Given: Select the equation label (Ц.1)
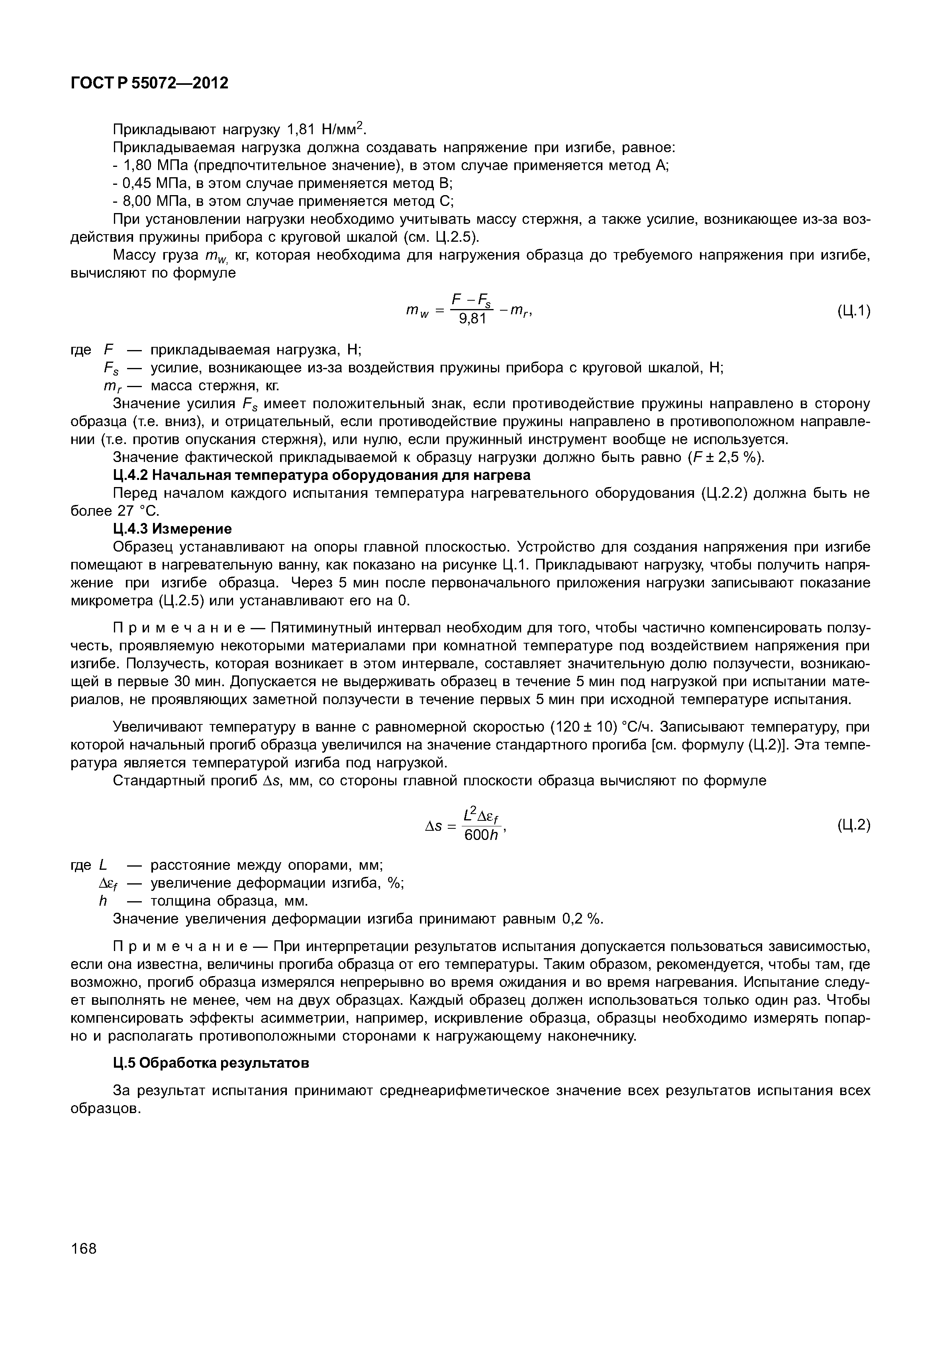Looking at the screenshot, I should pyautogui.click(x=853, y=311).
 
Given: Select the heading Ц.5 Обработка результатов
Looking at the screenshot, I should pyautogui.click(x=210, y=1063).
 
